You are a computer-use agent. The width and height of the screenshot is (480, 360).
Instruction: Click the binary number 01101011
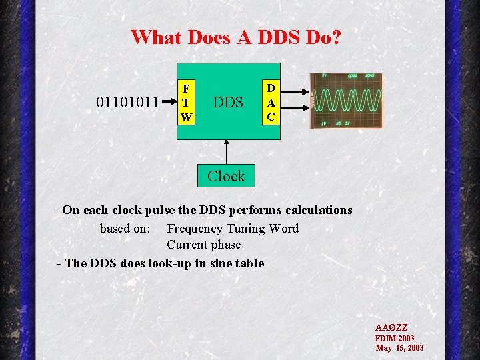127,103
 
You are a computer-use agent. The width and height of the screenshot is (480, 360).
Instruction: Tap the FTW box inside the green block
186,103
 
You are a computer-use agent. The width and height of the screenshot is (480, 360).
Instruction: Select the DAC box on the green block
271,102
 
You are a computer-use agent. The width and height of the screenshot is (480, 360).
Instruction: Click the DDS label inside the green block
227,103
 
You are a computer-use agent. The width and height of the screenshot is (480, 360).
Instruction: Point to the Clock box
226,176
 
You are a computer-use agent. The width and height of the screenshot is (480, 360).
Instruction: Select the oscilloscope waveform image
347,101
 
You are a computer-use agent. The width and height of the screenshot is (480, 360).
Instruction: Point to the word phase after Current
225,245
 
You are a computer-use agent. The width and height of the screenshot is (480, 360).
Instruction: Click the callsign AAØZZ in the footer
391,328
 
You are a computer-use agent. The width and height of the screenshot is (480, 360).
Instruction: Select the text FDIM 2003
395,338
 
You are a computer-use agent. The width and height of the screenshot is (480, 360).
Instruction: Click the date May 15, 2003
399,347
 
